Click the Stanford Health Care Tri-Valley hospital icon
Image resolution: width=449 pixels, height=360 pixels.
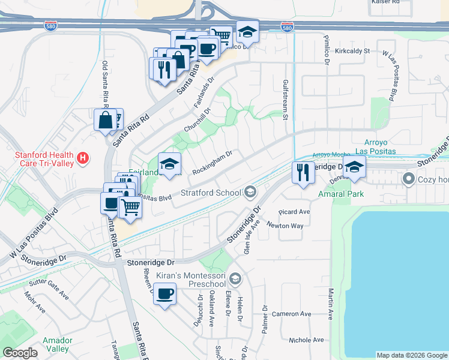coord(83,158)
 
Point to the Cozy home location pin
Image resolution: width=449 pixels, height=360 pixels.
coord(409,178)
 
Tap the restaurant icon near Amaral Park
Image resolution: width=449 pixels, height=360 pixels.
coord(303,172)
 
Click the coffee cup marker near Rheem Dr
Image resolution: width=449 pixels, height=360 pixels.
coord(164,294)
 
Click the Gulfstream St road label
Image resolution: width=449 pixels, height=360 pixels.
coord(286,101)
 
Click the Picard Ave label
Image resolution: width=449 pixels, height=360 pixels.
coord(294,212)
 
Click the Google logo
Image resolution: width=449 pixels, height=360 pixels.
coord(20,353)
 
